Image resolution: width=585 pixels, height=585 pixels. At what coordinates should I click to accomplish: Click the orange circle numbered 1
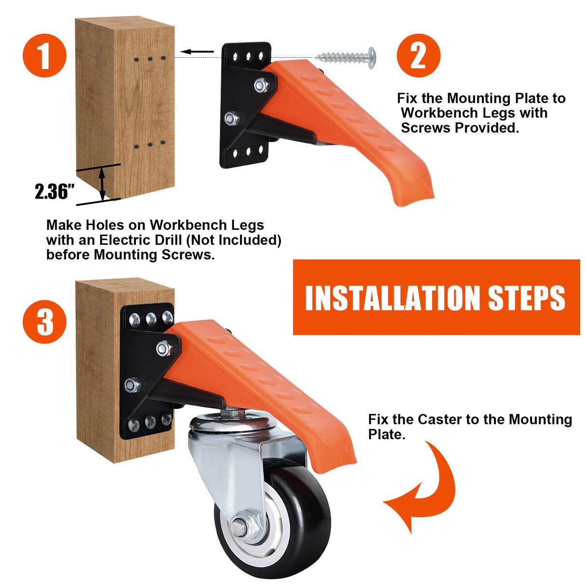coord(44,55)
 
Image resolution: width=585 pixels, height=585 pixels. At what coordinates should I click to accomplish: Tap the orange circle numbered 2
coord(418,55)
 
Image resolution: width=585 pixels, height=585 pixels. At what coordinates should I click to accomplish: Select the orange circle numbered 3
coord(44,321)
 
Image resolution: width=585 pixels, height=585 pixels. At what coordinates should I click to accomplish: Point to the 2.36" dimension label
coord(54,191)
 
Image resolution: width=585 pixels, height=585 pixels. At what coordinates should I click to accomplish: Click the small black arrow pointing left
coord(198,52)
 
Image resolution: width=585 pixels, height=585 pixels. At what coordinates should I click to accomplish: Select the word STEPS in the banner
coord(526,298)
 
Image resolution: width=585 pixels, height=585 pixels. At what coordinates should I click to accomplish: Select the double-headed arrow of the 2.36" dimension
coord(102,184)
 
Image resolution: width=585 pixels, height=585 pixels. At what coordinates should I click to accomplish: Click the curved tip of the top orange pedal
coord(414,193)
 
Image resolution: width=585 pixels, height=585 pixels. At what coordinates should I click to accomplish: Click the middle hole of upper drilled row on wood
coord(150,59)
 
